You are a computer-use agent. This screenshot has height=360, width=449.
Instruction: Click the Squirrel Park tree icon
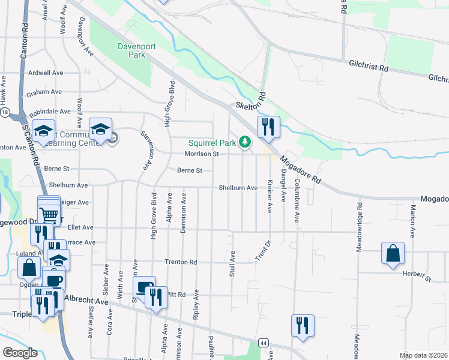click(x=245, y=142)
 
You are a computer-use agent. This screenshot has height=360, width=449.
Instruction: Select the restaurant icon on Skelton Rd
click(x=268, y=127)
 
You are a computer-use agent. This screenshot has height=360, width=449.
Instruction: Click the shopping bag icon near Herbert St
click(x=393, y=253)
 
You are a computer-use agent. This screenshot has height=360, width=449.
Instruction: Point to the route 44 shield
click(x=264, y=343)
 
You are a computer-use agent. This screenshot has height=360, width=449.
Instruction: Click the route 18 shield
click(x=5, y=113)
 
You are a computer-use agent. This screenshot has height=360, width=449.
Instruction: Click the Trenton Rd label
click(x=181, y=262)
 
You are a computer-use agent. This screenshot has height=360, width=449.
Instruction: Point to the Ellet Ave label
click(x=80, y=227)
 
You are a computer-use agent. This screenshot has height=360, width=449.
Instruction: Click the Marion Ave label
click(x=413, y=219)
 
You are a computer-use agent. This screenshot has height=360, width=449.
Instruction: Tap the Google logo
click(x=20, y=353)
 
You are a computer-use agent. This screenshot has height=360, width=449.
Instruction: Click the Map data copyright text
click(x=423, y=355)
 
